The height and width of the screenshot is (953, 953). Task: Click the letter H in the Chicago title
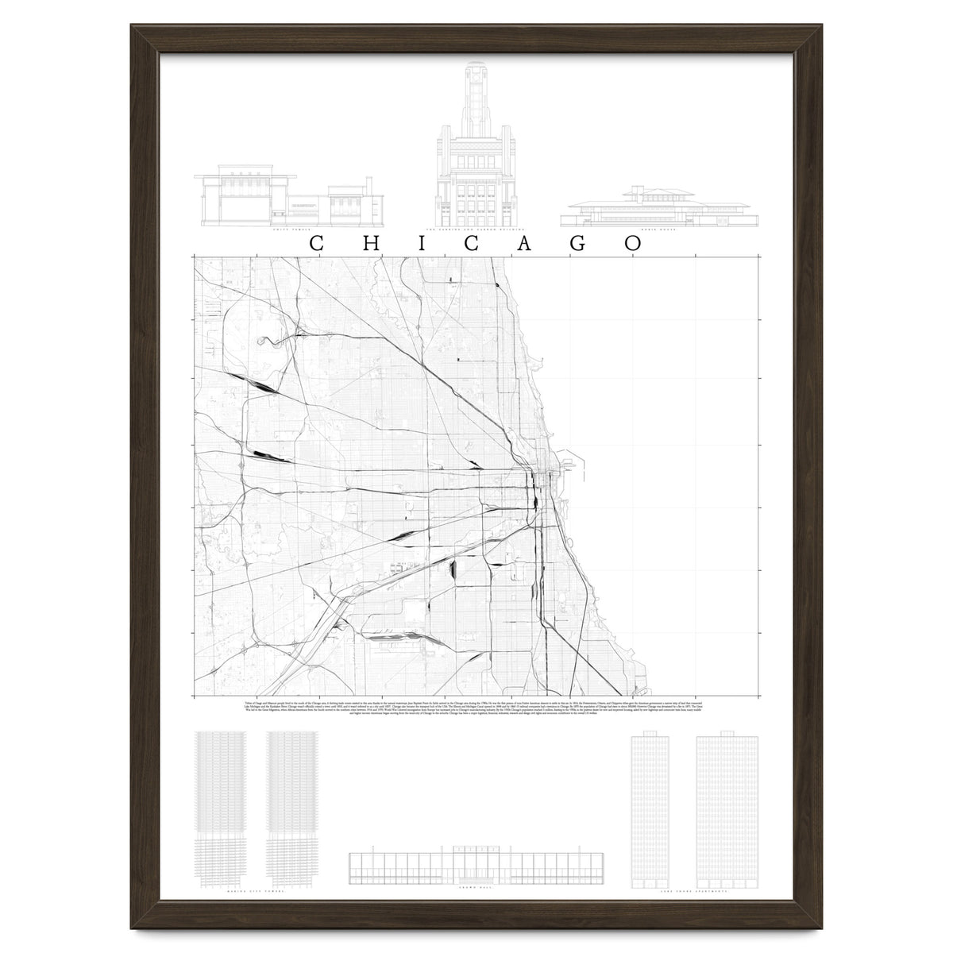[369, 243]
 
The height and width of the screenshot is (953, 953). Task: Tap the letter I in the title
[422, 243]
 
